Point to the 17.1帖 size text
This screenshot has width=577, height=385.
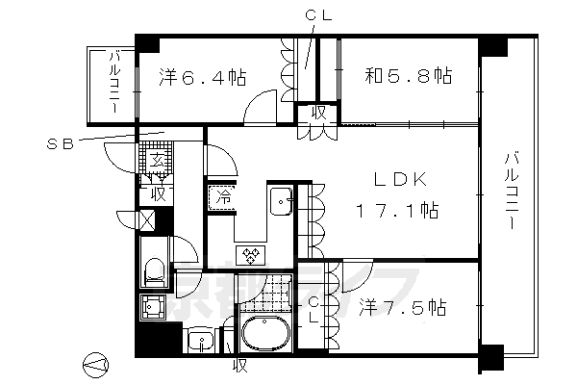396,210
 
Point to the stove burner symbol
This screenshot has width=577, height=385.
250,255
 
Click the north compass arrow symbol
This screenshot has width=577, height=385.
96,364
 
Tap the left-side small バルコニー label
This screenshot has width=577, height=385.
113,86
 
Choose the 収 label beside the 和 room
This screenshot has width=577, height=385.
317,113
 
